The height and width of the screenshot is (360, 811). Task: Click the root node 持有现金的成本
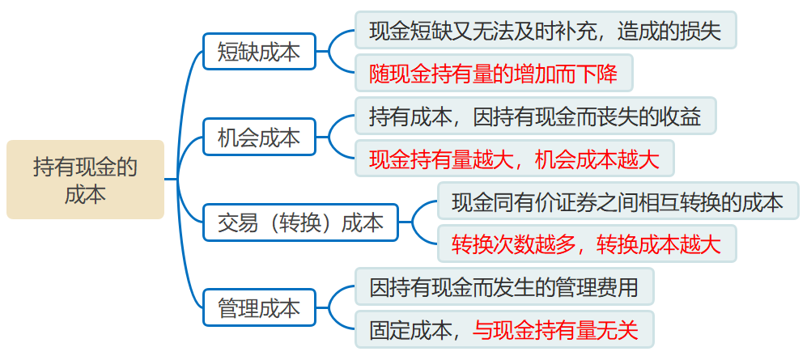point(85,180)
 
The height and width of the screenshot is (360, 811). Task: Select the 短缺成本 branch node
point(259,53)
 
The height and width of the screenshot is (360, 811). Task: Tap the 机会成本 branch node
point(259,138)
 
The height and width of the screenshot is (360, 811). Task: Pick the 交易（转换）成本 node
point(300,222)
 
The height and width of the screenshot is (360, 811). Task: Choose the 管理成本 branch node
point(259,308)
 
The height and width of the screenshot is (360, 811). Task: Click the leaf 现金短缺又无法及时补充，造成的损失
point(545,31)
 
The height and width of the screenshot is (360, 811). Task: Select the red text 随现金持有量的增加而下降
point(493,74)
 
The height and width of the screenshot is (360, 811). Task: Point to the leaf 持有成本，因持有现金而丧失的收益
point(535,116)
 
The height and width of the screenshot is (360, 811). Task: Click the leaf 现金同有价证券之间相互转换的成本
point(618,201)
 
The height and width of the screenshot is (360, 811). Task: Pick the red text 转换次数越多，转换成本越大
point(586,244)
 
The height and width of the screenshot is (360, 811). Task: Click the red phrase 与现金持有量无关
point(556,329)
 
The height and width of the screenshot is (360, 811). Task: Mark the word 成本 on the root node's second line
point(85,195)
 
